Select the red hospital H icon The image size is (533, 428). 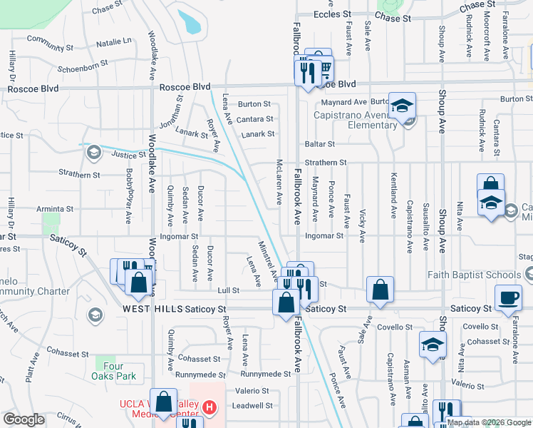pyautogui.click(x=209, y=408)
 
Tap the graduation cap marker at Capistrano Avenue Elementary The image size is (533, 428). pyautogui.click(x=402, y=105)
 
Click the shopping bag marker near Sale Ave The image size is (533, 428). pyautogui.click(x=381, y=289)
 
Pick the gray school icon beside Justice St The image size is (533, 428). pyautogui.click(x=93, y=151)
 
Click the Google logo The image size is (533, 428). pyautogui.click(x=24, y=419)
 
